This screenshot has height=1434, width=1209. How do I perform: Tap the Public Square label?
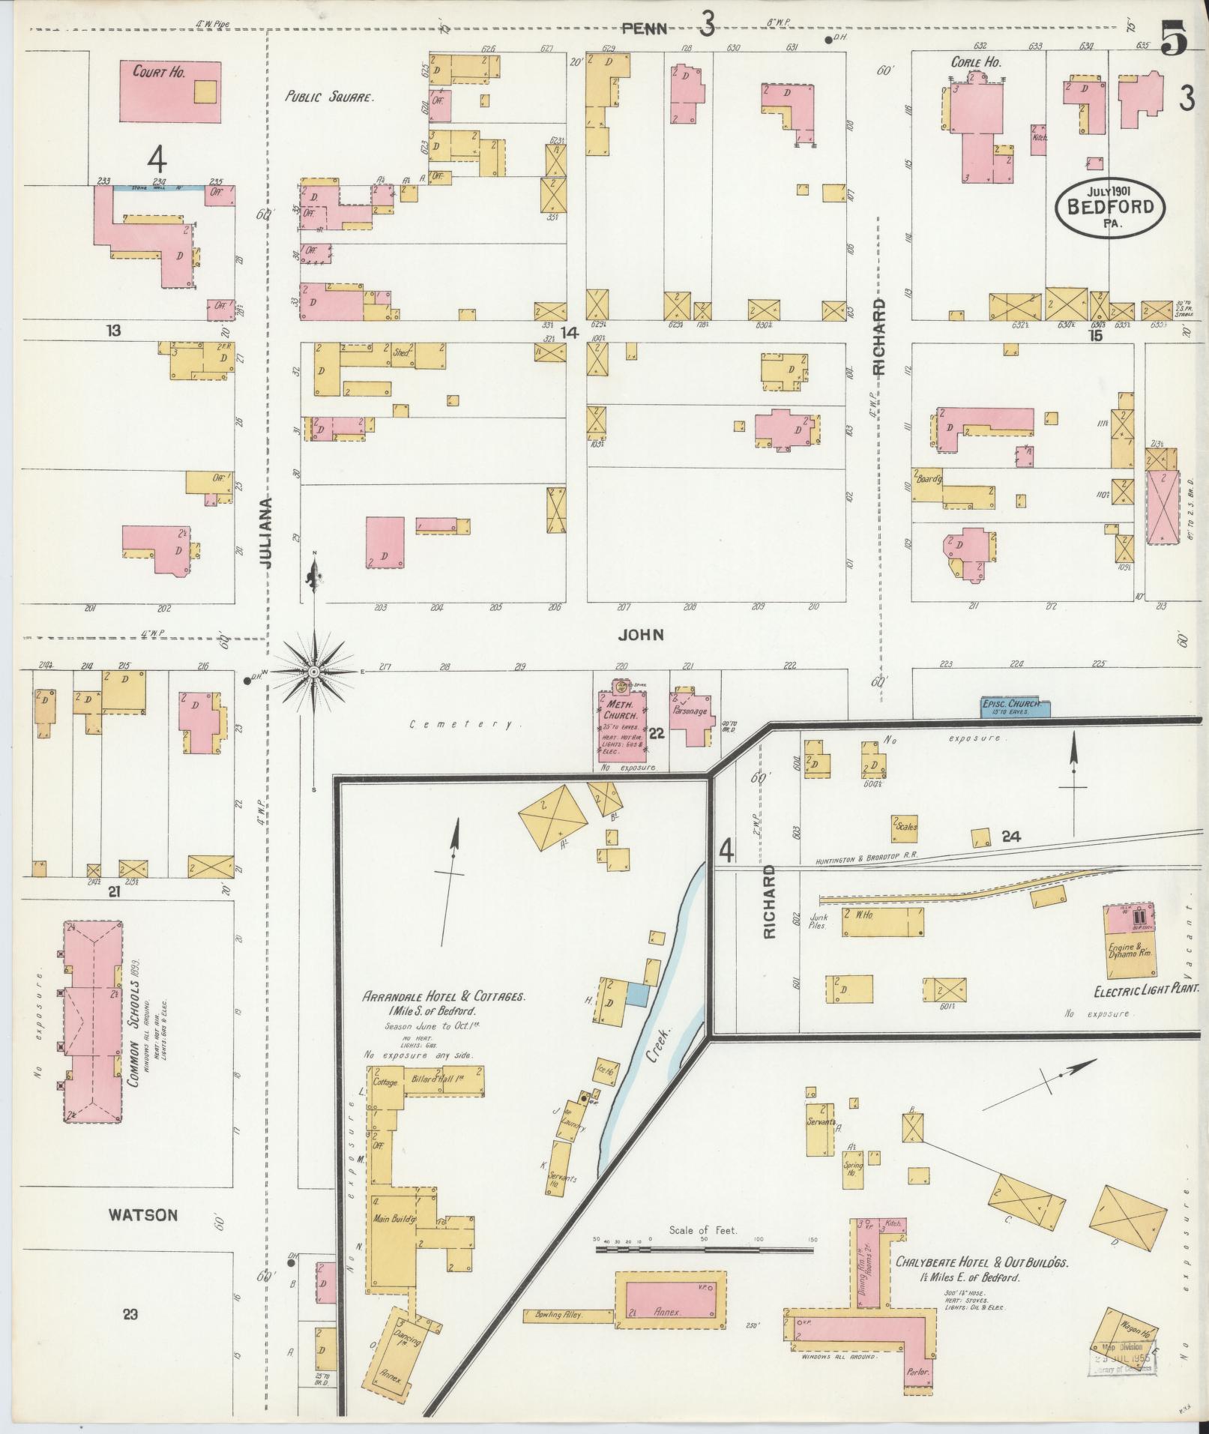point(328,97)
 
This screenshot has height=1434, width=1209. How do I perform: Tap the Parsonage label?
point(690,711)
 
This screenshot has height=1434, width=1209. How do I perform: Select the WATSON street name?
point(142,1215)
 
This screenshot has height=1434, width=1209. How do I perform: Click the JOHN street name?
point(642,635)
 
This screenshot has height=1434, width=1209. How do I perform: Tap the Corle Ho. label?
point(976,63)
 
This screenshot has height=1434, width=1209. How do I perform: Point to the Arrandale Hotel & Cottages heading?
point(444,998)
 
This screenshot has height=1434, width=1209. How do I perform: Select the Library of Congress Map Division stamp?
point(1122,1358)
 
